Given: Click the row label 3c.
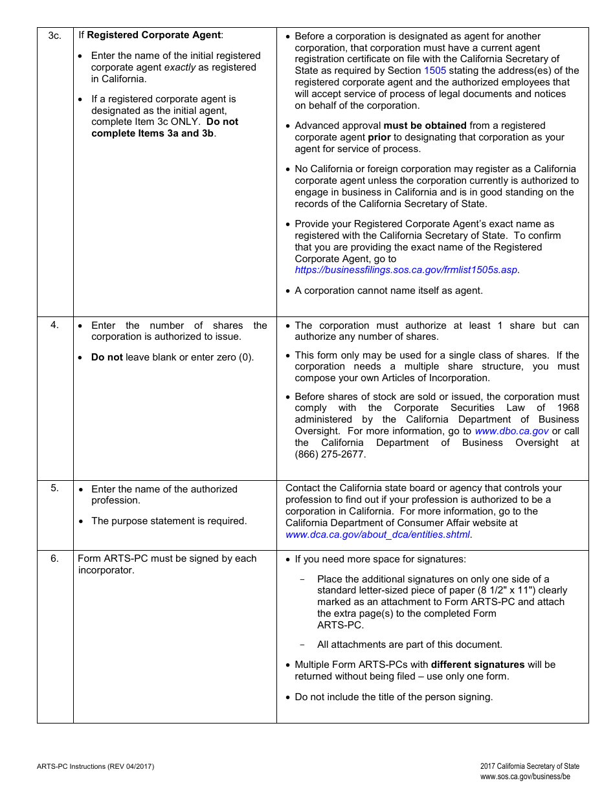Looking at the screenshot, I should click(55, 36).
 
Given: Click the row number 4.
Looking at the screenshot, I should click(55, 325).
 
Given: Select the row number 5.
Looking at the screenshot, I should click(55, 488).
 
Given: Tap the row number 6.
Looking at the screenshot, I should click(55, 558).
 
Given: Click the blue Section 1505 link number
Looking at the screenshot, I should click(435, 71).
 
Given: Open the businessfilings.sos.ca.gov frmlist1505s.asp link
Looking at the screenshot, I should click(406, 270).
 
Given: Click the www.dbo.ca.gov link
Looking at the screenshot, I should click(511, 431).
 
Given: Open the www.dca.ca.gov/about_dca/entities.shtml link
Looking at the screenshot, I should click(378, 535).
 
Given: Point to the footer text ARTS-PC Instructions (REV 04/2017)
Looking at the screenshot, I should click(95, 766).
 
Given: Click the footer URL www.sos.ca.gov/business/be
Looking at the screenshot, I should click(525, 777).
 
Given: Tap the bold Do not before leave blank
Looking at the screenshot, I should click(107, 357).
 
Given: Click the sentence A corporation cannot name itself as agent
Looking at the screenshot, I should click(388, 291).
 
